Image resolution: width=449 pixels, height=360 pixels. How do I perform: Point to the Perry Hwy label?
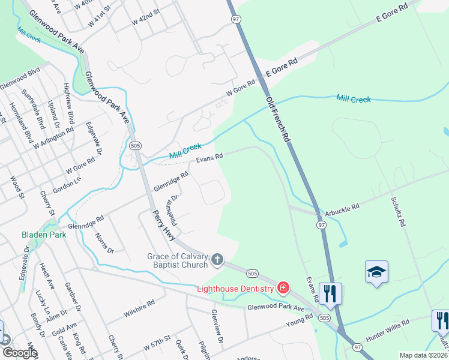pyautogui.click(x=163, y=225)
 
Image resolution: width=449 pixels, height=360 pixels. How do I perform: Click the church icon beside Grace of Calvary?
pyautogui.click(x=217, y=260)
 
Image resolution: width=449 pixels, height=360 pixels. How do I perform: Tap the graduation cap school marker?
pyautogui.click(x=376, y=273)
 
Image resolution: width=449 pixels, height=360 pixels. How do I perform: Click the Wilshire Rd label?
pyautogui.click(x=139, y=307)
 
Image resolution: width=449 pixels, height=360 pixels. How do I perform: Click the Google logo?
pyautogui.click(x=19, y=353)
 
